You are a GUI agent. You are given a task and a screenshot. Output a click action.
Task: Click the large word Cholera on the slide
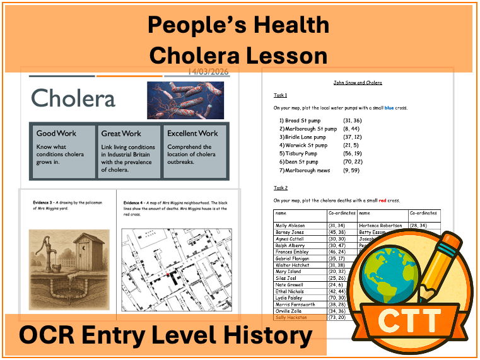pos(73,98)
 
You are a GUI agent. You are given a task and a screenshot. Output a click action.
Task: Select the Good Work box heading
pos(57,134)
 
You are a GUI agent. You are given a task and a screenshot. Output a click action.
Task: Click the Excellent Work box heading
pos(192,134)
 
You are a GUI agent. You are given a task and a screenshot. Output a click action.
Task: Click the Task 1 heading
pos(280,95)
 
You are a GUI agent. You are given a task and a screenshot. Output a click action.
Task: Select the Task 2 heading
pos(280,188)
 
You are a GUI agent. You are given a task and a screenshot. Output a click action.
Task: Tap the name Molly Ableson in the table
pos(290,226)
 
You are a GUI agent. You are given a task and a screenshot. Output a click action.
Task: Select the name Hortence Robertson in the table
pos(382,226)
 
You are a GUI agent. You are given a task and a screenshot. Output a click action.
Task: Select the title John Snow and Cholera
pos(357,83)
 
